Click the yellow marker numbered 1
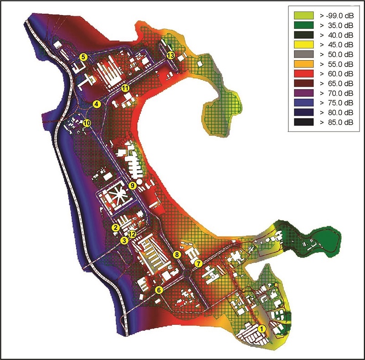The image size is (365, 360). pos(262,329)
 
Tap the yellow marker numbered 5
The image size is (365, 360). pos(83,57)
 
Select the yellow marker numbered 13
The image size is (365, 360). pos(171,55)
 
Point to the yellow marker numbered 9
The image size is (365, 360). pos(132,186)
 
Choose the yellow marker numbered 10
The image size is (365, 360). pos(87,123)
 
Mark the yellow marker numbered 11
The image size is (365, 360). pos(125,88)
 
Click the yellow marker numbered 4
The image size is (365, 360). pos(97,104)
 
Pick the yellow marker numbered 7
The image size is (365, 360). pos(198,263)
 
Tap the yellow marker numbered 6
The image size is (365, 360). pos(159,290)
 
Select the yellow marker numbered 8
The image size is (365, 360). pos(177,255)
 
